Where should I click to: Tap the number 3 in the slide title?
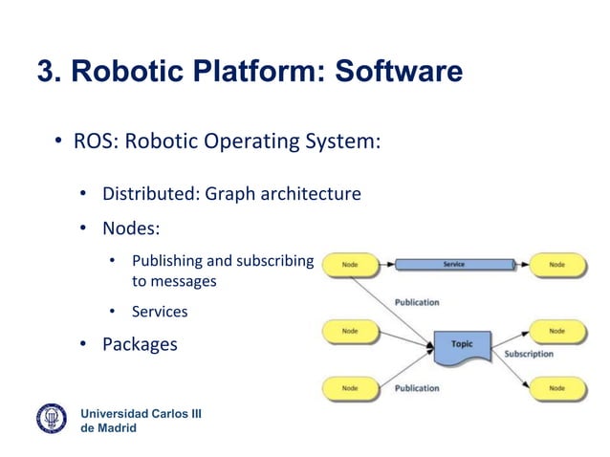(45, 73)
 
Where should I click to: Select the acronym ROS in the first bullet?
(93, 142)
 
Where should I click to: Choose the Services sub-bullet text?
(160, 311)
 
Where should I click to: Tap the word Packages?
(140, 344)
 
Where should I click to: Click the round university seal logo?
(53, 419)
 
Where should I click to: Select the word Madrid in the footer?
(116, 427)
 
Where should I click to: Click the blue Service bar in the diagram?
(454, 264)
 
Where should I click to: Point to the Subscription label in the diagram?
(529, 354)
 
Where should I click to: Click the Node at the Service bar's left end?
(351, 264)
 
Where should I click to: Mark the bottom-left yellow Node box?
(351, 388)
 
